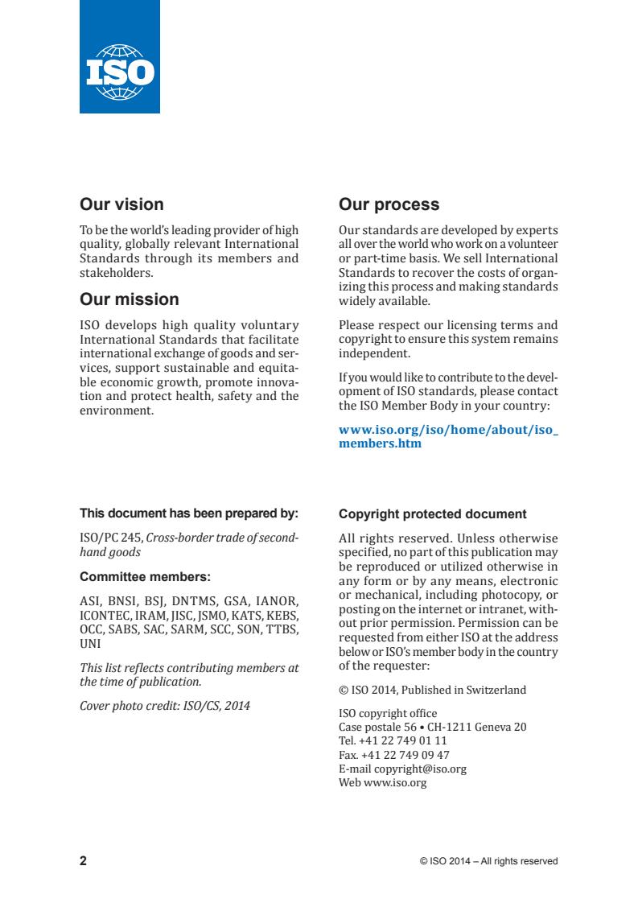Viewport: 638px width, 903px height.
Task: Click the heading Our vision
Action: click(121, 204)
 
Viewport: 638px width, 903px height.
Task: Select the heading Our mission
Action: click(129, 299)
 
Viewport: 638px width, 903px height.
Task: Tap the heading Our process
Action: click(389, 204)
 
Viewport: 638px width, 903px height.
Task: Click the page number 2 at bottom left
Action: click(83, 861)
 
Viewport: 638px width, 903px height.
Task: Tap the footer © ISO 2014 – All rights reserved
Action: click(488, 861)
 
